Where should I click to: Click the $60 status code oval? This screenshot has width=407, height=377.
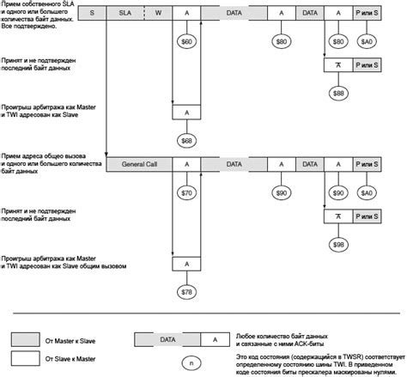coord(186,41)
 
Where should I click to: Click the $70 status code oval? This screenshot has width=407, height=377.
coord(186,193)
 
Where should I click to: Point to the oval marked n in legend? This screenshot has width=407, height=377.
coord(195,356)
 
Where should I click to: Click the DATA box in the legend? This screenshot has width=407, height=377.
coord(167,339)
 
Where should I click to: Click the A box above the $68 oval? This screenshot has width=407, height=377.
coord(186,112)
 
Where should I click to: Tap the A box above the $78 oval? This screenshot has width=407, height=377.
coord(186,264)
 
